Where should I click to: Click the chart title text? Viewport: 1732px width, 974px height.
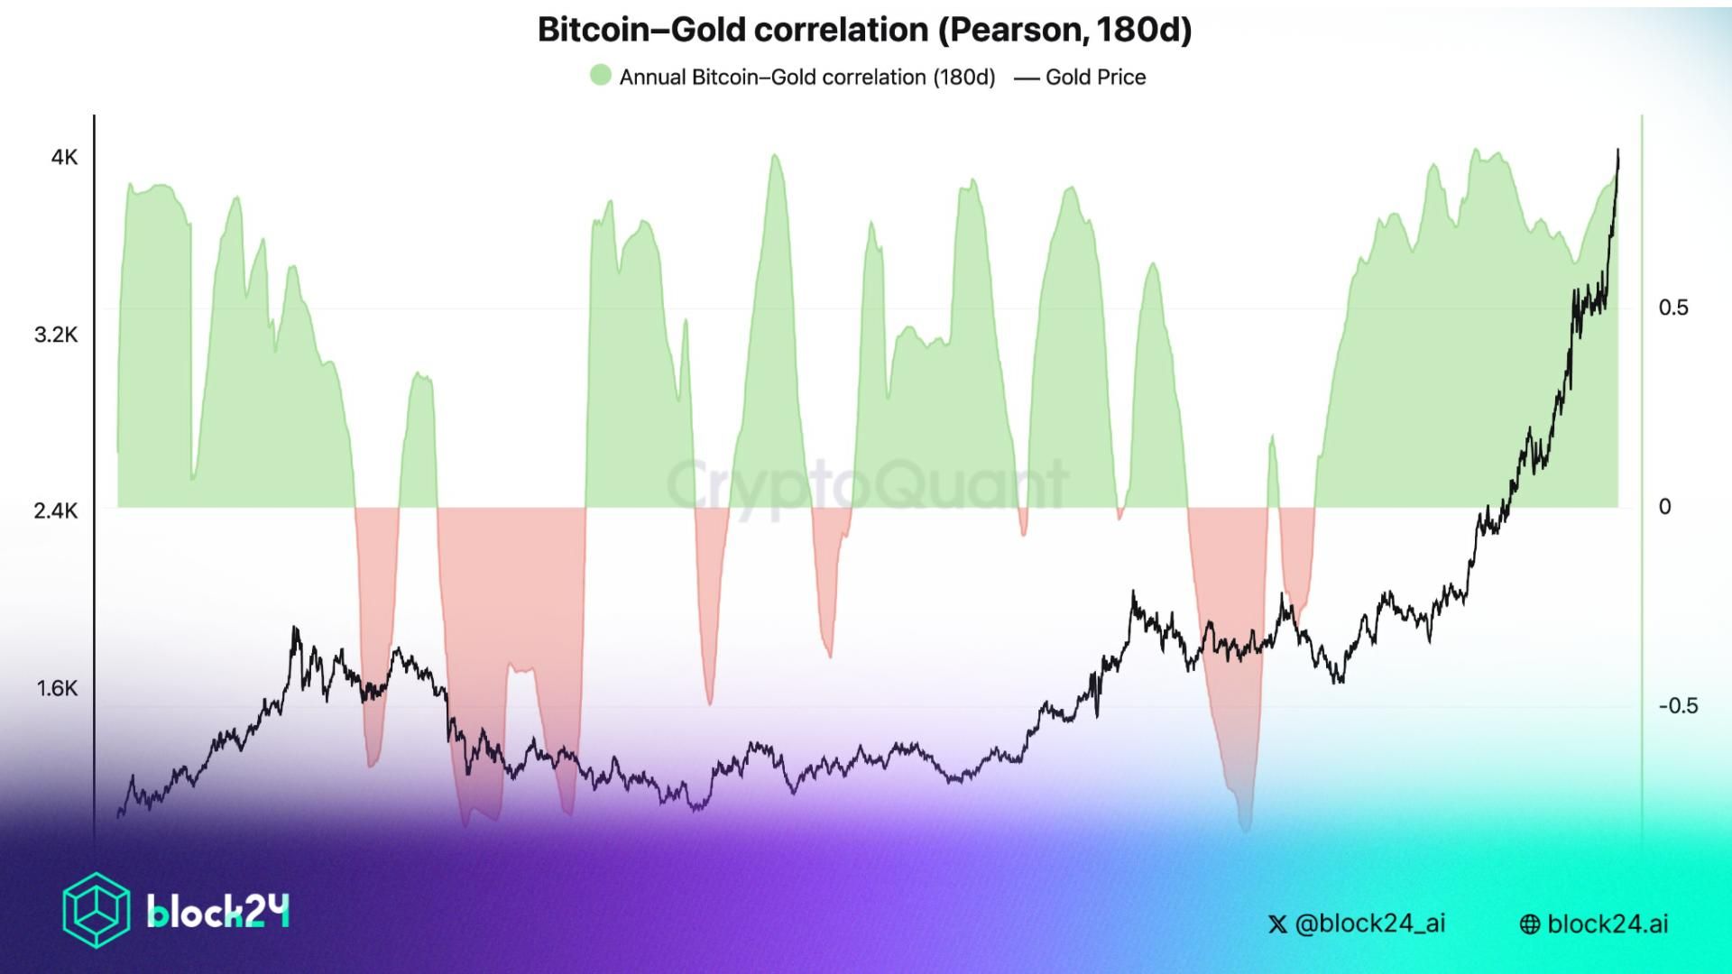point(864,30)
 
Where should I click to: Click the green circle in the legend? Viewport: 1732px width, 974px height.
point(600,76)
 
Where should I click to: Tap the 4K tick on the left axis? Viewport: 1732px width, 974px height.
point(64,158)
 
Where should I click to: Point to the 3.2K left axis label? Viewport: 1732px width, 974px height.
point(56,335)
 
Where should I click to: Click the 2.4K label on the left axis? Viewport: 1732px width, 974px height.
point(56,511)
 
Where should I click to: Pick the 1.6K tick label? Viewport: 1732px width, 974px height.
point(57,689)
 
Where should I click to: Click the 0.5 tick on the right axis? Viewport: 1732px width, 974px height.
point(1672,308)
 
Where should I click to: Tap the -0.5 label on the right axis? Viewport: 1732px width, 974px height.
point(1678,706)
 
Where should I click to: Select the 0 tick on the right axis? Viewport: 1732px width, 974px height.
point(1664,507)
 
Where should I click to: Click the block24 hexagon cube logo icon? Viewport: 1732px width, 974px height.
point(96,910)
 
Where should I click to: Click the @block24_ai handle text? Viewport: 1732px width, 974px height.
point(1369,923)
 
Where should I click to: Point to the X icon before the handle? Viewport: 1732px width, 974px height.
point(1277,924)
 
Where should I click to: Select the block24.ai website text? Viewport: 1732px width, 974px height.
point(1608,924)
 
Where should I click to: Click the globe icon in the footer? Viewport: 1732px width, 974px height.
point(1530,924)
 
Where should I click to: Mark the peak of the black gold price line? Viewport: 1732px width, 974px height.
point(1617,151)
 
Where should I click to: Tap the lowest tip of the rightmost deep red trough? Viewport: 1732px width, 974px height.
point(1246,829)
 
